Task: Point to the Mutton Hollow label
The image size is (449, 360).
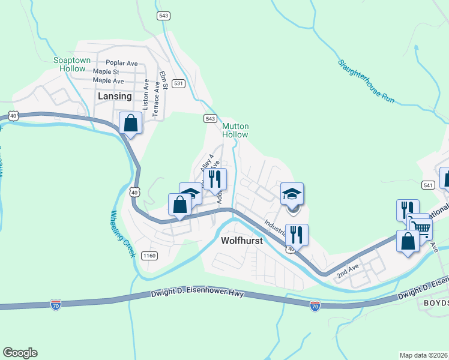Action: click(235, 130)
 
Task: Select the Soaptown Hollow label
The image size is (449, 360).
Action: click(70, 64)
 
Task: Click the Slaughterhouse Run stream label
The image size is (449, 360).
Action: click(366, 82)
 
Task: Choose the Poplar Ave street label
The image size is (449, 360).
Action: click(122, 62)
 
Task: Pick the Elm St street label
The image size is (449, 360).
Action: click(163, 80)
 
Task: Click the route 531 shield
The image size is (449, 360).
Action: click(178, 83)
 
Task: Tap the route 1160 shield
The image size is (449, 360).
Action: click(149, 256)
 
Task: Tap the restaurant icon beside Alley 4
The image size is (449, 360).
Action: click(215, 178)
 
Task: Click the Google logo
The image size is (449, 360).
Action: click(20, 353)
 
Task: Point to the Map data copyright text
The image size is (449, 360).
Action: click(424, 355)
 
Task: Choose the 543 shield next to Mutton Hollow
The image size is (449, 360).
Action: click(209, 118)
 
